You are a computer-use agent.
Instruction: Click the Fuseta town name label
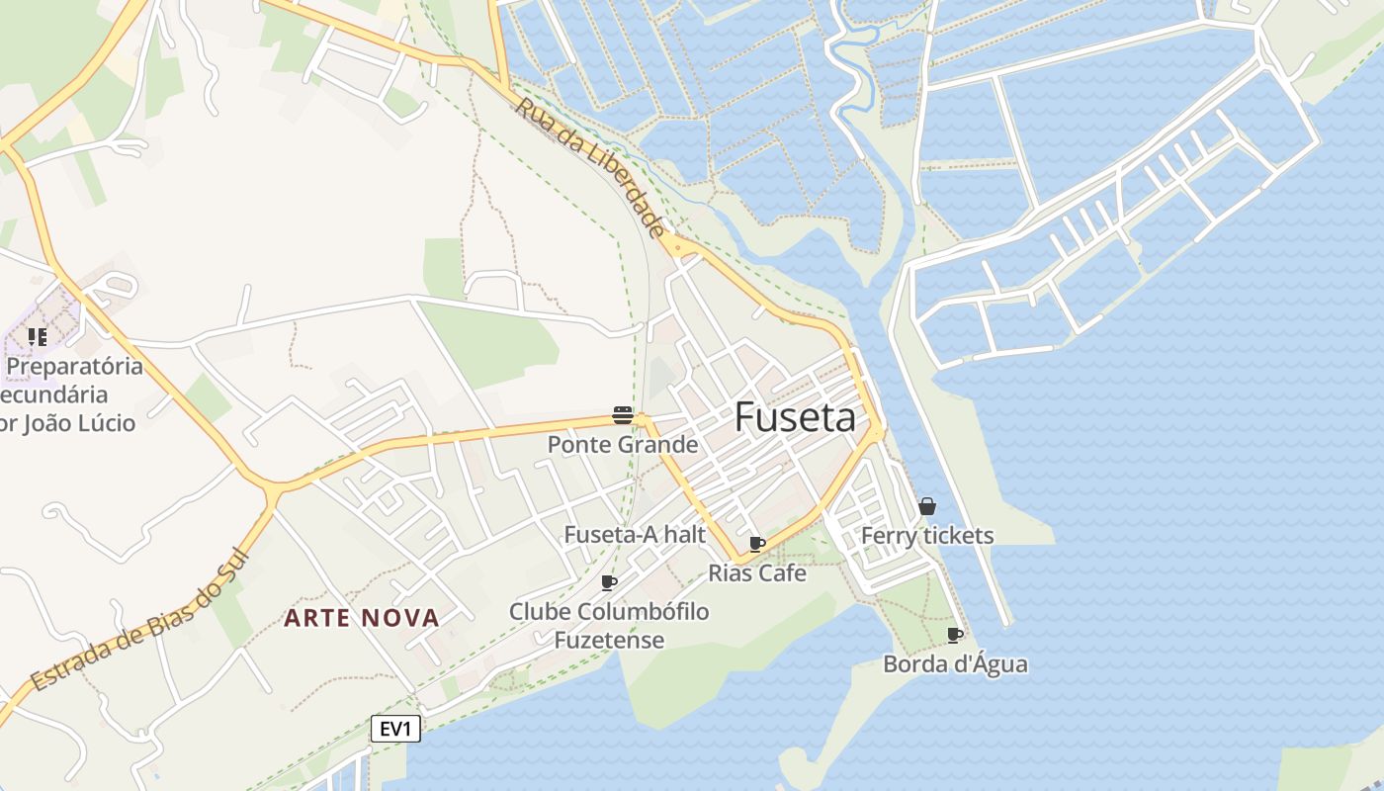point(795,418)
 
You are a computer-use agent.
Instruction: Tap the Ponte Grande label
point(623,445)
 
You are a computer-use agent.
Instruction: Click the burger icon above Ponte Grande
point(622,415)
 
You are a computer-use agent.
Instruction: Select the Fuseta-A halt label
point(635,535)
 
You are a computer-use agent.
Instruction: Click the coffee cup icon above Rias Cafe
point(757,545)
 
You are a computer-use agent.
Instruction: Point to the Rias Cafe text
point(757,573)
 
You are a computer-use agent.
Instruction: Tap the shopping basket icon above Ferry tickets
point(927,506)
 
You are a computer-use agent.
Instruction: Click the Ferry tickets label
point(927,536)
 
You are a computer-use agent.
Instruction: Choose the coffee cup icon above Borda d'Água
point(954,635)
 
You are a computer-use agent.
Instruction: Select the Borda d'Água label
point(955,664)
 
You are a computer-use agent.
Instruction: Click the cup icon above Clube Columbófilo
point(609,582)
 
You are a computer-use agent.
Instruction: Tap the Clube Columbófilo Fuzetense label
point(609,626)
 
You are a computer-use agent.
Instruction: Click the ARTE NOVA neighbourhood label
point(362,618)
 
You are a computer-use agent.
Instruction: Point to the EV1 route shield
point(395,730)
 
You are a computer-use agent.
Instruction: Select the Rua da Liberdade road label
point(590,168)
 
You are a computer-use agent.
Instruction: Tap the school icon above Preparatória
point(38,337)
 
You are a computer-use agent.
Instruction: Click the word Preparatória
point(75,367)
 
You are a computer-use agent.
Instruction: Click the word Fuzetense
point(609,641)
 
